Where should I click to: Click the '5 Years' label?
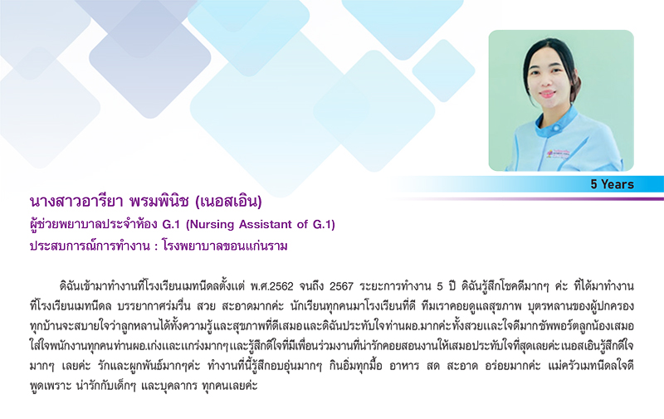(x=612, y=184)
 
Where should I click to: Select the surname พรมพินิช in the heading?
(x=159, y=202)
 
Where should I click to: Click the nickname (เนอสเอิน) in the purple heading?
(x=229, y=202)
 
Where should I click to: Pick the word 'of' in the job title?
(x=302, y=224)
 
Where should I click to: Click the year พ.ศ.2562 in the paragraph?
(x=271, y=286)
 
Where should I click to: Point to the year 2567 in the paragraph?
(x=341, y=286)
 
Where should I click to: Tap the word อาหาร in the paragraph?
(x=404, y=366)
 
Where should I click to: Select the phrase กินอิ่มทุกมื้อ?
(x=356, y=366)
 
